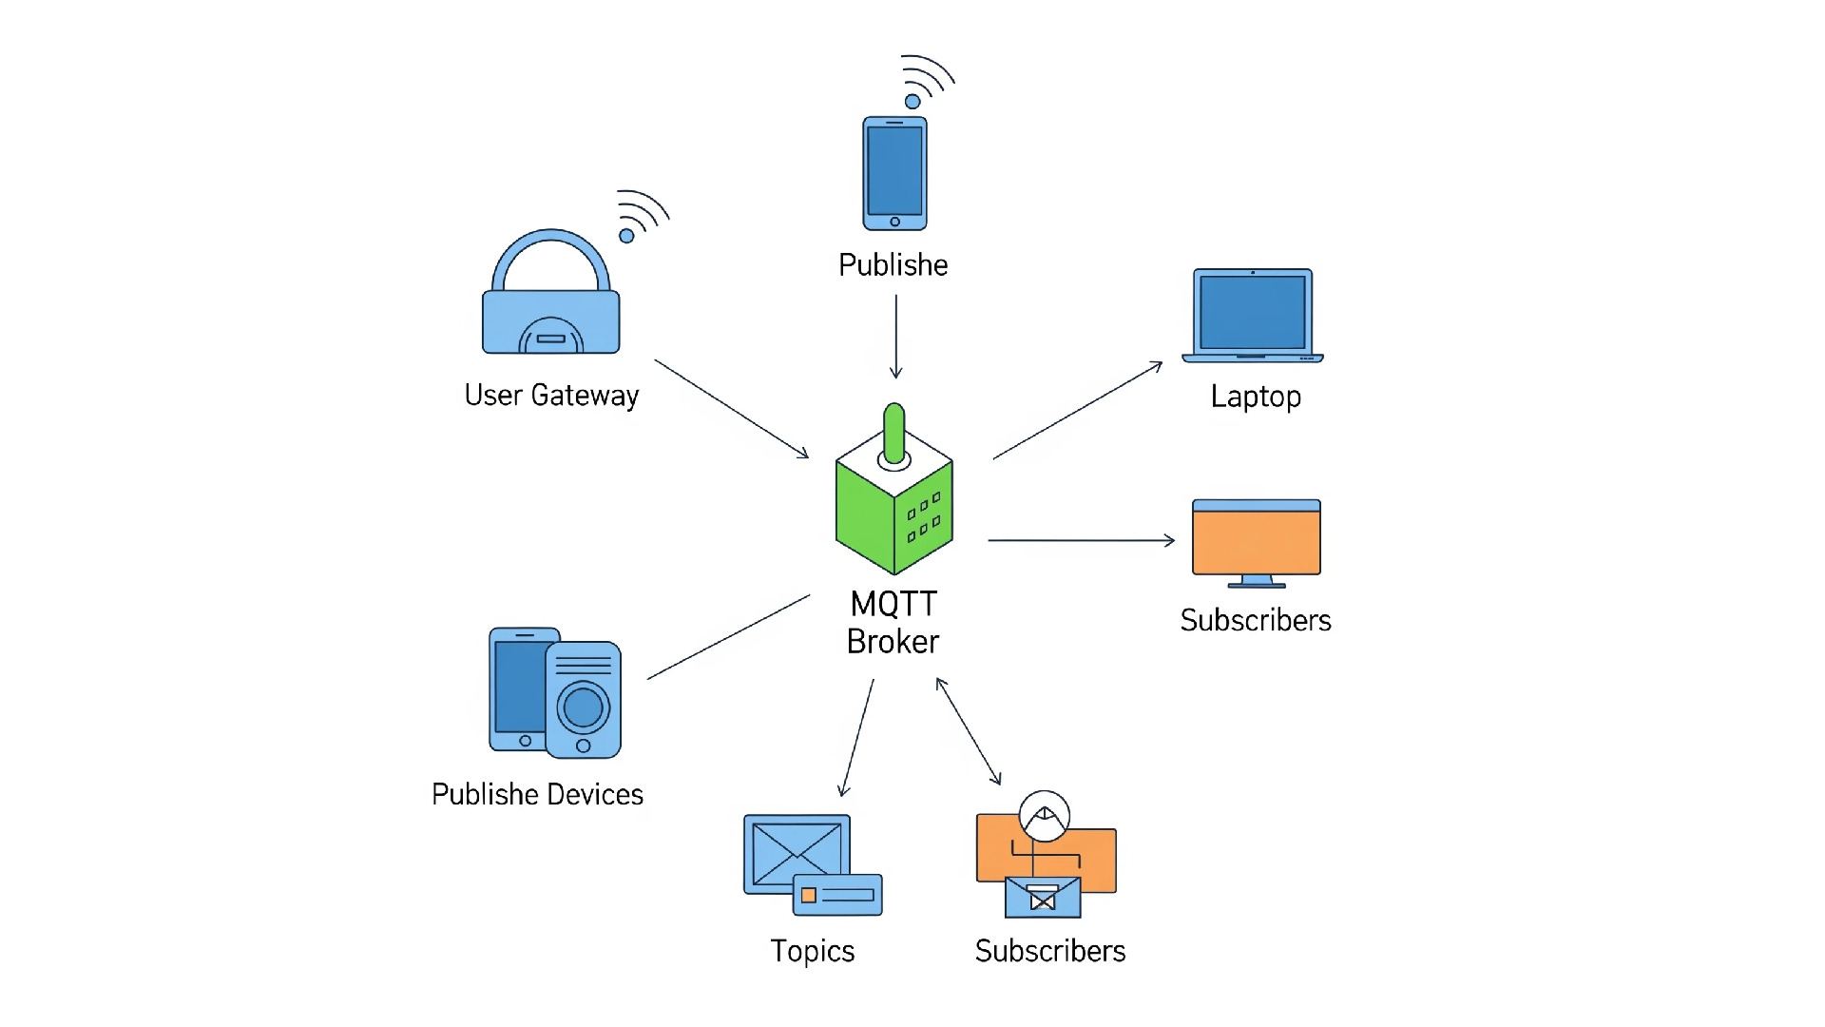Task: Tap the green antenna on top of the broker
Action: [x=893, y=433]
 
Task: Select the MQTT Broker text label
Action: [x=893, y=623]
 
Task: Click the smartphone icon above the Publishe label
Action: [x=894, y=173]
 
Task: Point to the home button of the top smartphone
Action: [x=894, y=222]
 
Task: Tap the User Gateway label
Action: [x=551, y=396]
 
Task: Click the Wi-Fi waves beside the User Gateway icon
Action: [x=644, y=214]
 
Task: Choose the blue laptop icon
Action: [x=1253, y=314]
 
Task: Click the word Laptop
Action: [x=1256, y=397]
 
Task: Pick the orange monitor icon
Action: [x=1257, y=540]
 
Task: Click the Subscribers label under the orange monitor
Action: [x=1256, y=620]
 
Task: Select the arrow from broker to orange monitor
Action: [x=1081, y=540]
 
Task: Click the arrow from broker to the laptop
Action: [x=1077, y=411]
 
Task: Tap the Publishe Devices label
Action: [x=537, y=794]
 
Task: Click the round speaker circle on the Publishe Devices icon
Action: [x=583, y=707]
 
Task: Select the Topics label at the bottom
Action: [x=813, y=951]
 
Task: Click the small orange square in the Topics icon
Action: [x=809, y=895]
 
